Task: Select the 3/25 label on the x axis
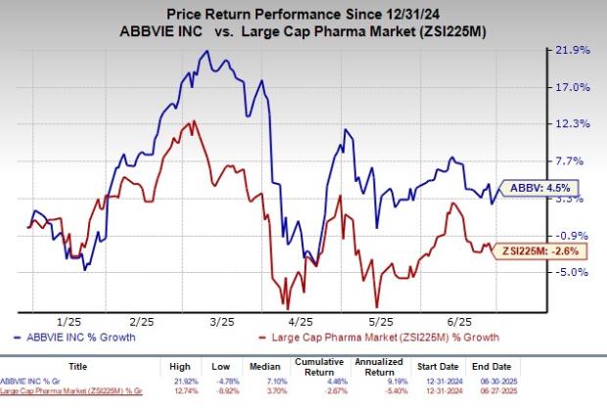pyautogui.click(x=221, y=321)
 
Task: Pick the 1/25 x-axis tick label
pyautogui.click(x=68, y=321)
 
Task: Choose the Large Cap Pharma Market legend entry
pyautogui.click(x=341, y=338)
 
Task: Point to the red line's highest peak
pyautogui.click(x=194, y=120)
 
